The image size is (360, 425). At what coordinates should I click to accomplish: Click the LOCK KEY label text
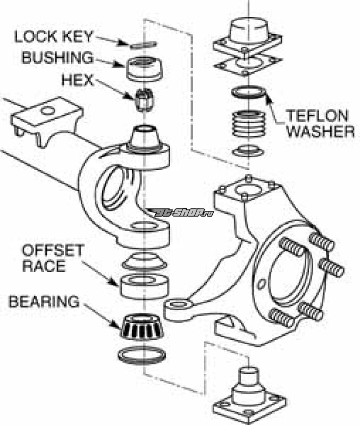pyautogui.click(x=54, y=37)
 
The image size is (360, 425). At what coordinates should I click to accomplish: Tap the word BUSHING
pyautogui.click(x=57, y=58)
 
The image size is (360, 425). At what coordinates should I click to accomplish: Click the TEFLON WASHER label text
pyautogui.click(x=320, y=123)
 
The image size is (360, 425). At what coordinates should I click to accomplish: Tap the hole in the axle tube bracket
pyautogui.click(x=49, y=111)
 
